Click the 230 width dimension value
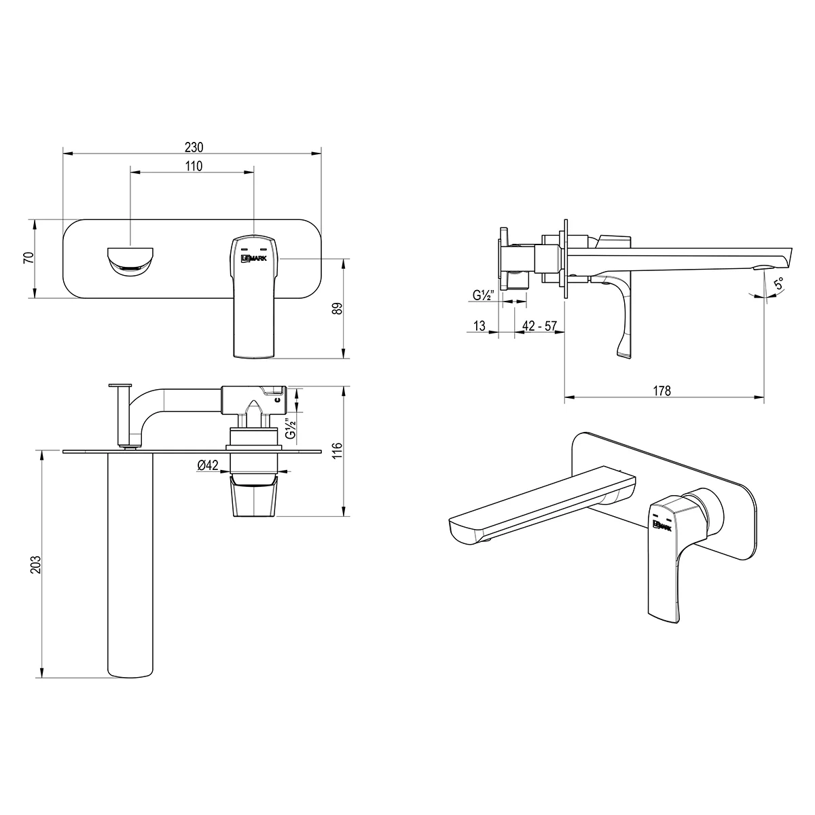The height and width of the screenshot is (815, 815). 194,147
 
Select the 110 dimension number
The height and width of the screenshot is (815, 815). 194,166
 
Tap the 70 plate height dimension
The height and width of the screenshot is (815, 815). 28,257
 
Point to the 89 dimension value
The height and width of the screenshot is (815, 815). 338,309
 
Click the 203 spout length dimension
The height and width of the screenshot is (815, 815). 36,564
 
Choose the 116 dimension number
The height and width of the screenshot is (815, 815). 337,451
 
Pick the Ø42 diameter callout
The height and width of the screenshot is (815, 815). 208,465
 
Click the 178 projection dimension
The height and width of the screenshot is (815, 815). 662,391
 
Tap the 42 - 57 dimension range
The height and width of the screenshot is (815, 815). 539,326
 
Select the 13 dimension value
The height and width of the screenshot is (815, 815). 479,326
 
